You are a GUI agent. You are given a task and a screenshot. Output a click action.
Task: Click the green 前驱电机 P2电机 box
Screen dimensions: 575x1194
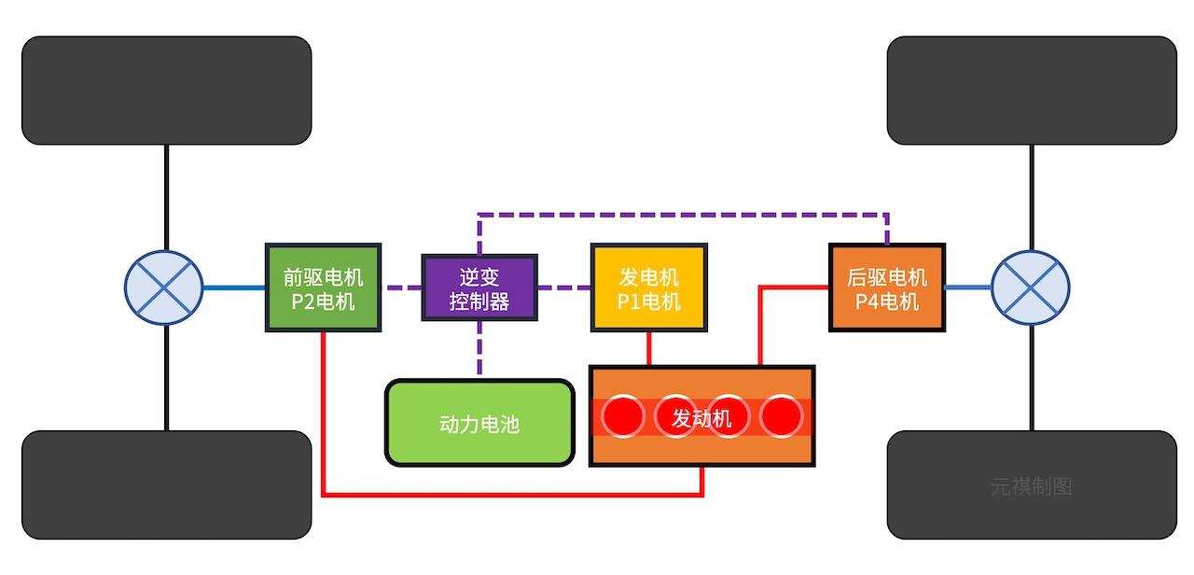click(323, 287)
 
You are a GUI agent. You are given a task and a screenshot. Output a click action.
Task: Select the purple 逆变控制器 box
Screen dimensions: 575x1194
click(479, 287)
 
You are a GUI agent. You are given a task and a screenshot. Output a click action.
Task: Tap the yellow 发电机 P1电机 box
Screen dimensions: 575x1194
click(648, 287)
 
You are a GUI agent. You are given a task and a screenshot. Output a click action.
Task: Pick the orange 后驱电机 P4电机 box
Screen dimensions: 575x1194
click(886, 287)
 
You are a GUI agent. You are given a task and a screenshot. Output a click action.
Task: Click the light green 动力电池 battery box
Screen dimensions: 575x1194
click(479, 423)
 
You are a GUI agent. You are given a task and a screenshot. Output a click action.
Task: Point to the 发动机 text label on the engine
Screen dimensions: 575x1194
click(701, 418)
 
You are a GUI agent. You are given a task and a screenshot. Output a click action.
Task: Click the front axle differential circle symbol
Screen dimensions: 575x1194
click(164, 287)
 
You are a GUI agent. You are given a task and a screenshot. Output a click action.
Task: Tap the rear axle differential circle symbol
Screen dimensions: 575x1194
click(1030, 287)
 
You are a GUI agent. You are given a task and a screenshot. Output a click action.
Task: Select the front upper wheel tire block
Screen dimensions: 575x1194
click(166, 91)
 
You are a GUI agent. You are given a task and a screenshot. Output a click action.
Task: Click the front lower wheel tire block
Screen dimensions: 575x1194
click(166, 484)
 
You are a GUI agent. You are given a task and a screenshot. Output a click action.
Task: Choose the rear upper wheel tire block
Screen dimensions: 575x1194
click(1031, 91)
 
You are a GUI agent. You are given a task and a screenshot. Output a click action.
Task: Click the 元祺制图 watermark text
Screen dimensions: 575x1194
click(1031, 486)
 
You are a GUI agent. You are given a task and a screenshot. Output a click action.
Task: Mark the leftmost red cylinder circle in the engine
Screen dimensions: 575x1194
click(623, 416)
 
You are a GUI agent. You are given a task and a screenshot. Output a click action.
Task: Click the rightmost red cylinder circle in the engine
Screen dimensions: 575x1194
click(781, 416)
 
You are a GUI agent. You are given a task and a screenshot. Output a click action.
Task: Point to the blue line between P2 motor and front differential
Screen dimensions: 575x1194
click(234, 287)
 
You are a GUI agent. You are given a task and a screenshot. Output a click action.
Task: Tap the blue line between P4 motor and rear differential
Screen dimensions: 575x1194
click(968, 287)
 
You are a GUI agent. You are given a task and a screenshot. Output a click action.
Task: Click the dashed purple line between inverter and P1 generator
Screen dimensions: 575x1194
click(563, 287)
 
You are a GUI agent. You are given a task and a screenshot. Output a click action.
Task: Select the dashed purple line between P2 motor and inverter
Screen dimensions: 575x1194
click(400, 287)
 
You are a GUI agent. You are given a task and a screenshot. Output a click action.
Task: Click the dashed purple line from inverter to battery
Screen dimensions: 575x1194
click(479, 350)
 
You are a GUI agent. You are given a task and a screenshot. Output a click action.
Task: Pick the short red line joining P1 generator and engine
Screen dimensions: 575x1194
click(649, 348)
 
